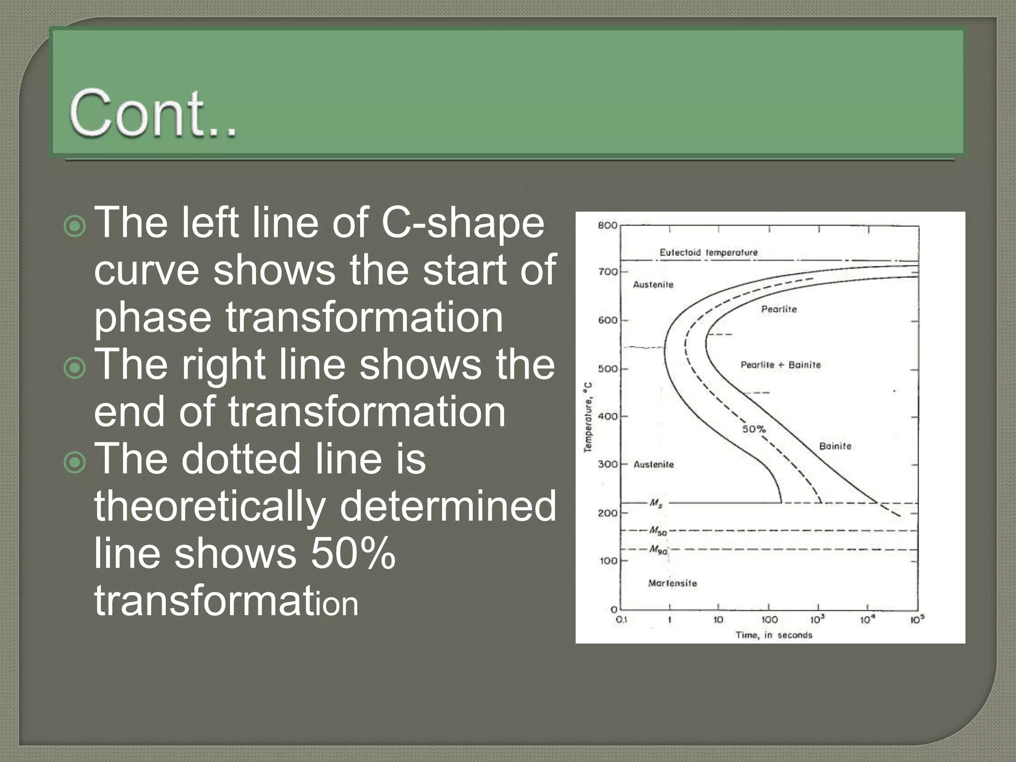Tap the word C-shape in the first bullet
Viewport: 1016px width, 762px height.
[462, 223]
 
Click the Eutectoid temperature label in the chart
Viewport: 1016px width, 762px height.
[708, 253]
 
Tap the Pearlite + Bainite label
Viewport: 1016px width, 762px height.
[780, 365]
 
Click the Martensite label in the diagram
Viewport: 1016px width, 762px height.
[672, 583]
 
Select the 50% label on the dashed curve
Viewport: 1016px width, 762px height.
[754, 429]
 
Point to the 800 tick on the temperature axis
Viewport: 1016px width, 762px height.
[607, 226]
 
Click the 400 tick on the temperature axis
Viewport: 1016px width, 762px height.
[607, 417]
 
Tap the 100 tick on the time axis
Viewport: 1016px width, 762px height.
[769, 620]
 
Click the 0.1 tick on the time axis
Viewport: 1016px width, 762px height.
[621, 620]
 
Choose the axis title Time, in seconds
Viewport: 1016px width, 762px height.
[773, 635]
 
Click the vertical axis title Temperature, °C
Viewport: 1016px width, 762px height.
[588, 417]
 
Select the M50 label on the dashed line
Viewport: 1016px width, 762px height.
[658, 531]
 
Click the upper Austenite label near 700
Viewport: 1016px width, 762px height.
[653, 285]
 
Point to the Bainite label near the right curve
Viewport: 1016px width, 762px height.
[835, 446]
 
